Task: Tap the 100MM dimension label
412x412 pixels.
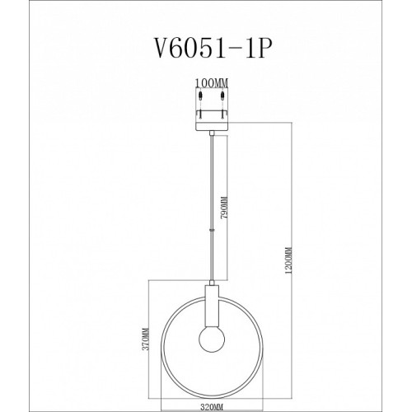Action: pyautogui.click(x=212, y=82)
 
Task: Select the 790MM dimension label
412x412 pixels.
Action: pyautogui.click(x=224, y=207)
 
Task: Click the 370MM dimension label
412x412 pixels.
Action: pyautogui.click(x=145, y=339)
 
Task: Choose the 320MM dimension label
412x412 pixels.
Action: pyautogui.click(x=212, y=406)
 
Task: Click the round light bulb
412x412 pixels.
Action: pyautogui.click(x=212, y=339)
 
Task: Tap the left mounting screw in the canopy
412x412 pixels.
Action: pyautogui.click(x=201, y=105)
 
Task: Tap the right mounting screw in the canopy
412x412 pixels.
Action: pyautogui.click(x=222, y=105)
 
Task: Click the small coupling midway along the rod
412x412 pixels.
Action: pyautogui.click(x=212, y=230)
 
